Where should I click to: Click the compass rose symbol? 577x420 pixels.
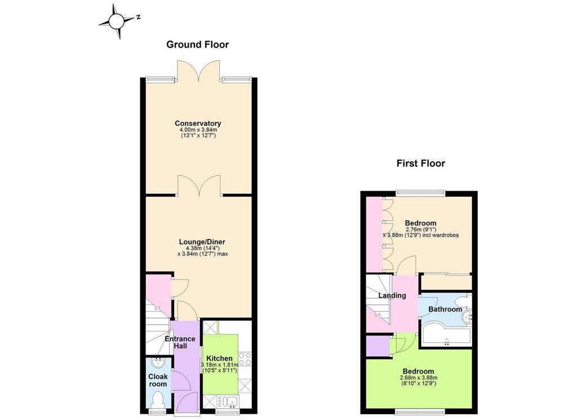point(117,21)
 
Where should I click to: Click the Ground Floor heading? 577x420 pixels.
point(198,45)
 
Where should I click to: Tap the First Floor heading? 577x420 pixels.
point(420,163)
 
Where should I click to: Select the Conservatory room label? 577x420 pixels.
point(198,123)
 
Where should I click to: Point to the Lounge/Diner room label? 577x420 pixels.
point(202,242)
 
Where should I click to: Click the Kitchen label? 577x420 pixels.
point(219,358)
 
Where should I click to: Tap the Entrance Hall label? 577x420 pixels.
point(180,342)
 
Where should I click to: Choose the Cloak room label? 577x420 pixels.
point(158,380)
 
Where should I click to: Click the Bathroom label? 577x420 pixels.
point(445,309)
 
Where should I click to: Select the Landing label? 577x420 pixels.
point(392,295)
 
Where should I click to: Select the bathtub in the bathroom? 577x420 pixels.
point(446,335)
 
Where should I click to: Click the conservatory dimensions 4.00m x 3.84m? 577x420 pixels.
point(198,130)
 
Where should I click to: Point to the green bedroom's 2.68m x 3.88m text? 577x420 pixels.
point(419,378)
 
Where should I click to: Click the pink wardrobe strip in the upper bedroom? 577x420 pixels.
point(374,234)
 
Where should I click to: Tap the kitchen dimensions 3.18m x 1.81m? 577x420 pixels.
point(219,364)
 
